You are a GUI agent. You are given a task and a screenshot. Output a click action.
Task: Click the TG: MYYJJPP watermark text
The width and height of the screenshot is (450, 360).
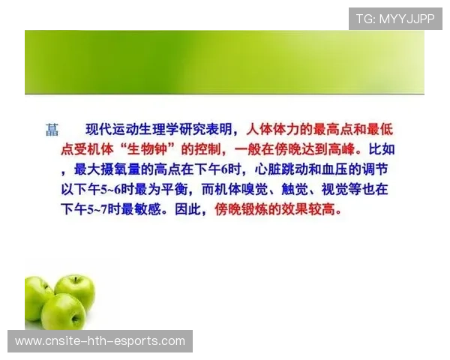coord(395,18)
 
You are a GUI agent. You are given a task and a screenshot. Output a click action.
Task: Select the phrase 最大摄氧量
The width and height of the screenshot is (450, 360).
coord(111,169)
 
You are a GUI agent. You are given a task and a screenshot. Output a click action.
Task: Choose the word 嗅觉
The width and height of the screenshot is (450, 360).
coord(273,190)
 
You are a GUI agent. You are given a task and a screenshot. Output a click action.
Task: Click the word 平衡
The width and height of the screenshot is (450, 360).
coord(174,190)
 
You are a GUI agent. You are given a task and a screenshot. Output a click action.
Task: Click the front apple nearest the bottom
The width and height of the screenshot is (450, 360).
coord(63,311)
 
